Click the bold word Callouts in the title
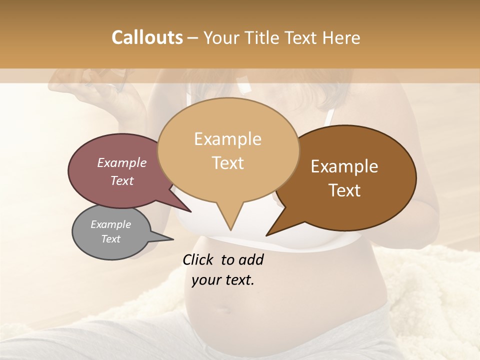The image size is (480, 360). (147, 37)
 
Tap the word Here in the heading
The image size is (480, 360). (342, 37)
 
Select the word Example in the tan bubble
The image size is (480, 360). (227, 139)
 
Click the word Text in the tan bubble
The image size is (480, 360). (227, 162)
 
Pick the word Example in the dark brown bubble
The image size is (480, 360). (344, 166)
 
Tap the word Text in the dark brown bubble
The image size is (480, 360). (344, 190)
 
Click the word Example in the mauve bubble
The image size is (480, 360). (121, 162)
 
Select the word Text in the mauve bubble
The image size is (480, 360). (121, 180)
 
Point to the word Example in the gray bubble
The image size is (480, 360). (110, 224)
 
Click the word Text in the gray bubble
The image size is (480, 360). (110, 239)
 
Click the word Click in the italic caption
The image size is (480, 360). (198, 259)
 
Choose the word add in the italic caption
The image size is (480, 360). (252, 259)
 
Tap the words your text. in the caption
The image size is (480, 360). (223, 280)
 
